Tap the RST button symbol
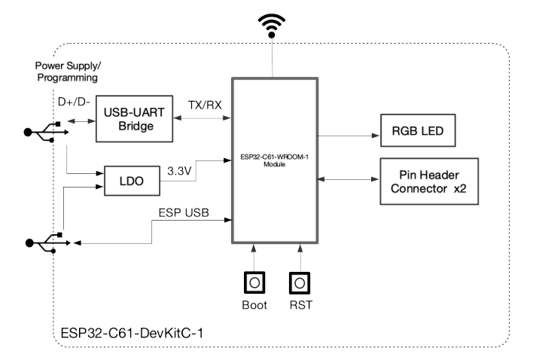coord(300,284)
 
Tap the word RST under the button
coord(300,307)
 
